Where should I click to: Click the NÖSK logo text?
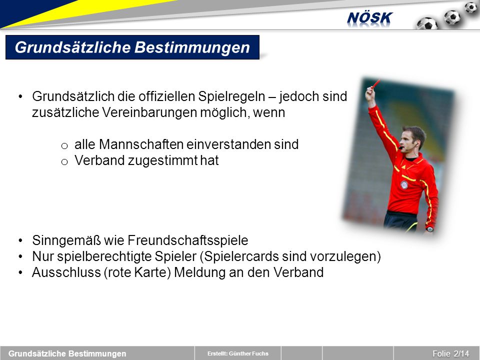point(369,18)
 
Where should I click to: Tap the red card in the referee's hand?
point(375,84)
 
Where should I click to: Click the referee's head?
point(413,138)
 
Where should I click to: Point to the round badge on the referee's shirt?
point(404,184)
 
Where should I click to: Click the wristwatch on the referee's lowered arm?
point(430,228)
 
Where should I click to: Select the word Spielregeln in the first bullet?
point(231,96)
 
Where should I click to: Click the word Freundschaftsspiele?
point(188,240)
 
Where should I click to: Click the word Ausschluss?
point(66,272)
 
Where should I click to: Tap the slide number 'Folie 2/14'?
point(450,353)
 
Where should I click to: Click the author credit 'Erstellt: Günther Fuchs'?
point(238,353)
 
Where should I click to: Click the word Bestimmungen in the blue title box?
point(192,47)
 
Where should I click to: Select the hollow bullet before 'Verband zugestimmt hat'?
point(64,162)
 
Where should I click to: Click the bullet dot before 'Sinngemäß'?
point(20,240)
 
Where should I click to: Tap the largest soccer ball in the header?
point(427,23)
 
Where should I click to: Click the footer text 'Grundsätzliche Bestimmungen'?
point(67,353)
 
